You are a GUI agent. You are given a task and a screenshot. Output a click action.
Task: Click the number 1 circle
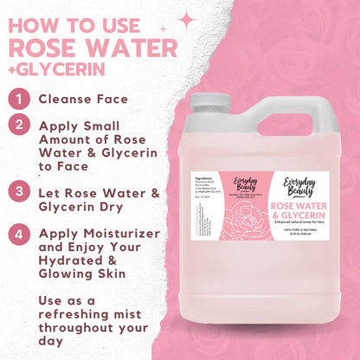coord(17,99)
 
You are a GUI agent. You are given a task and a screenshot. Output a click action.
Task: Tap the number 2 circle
coord(17,125)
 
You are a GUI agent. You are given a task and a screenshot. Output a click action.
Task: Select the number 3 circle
coord(17,190)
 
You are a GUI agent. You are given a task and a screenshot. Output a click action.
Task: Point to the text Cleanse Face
coord(83,99)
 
